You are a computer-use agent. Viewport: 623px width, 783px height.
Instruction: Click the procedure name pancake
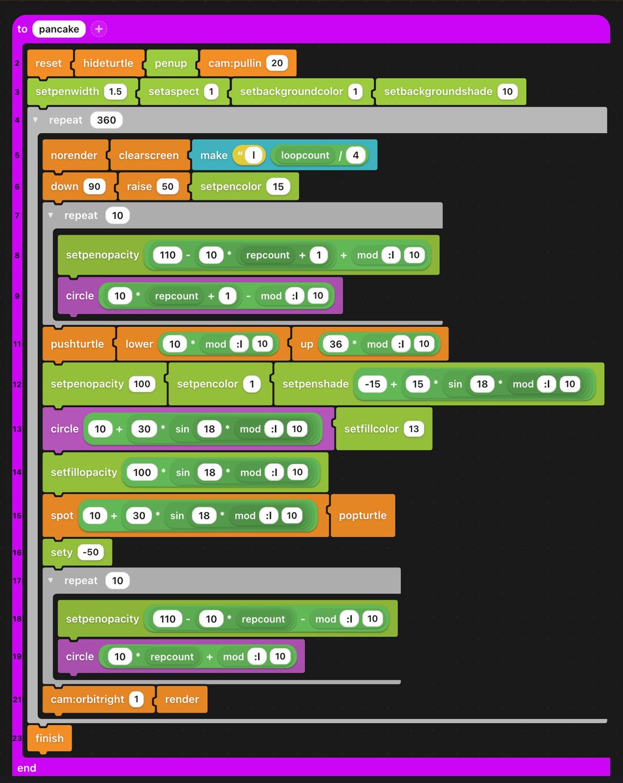(x=59, y=29)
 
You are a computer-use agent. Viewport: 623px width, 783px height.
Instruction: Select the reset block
(x=49, y=63)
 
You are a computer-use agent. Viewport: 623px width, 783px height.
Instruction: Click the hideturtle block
(x=108, y=63)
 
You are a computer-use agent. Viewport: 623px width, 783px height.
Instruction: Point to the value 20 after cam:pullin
(x=277, y=63)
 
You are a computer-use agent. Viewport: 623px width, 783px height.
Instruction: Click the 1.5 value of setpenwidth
(x=116, y=92)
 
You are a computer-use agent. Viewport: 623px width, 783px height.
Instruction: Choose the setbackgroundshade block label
(x=438, y=92)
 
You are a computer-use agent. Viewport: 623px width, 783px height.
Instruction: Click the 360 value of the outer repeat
(x=106, y=120)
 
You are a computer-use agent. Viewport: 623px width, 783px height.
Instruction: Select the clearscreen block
(x=148, y=155)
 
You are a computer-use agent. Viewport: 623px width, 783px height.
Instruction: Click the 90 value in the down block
(x=94, y=187)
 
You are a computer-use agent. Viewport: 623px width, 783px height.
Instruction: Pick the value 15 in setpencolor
(x=278, y=187)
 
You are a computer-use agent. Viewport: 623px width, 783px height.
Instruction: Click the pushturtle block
(x=77, y=344)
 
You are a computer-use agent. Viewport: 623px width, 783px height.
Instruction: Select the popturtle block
(x=362, y=515)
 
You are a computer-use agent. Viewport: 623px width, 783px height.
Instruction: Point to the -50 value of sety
(x=91, y=552)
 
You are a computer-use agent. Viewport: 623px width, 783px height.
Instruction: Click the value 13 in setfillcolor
(x=412, y=429)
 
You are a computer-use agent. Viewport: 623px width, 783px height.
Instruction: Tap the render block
(x=182, y=699)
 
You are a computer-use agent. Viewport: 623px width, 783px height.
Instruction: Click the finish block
(x=50, y=739)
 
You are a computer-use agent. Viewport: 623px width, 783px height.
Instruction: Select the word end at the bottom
(x=27, y=768)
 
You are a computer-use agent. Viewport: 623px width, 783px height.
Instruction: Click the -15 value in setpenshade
(x=372, y=384)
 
